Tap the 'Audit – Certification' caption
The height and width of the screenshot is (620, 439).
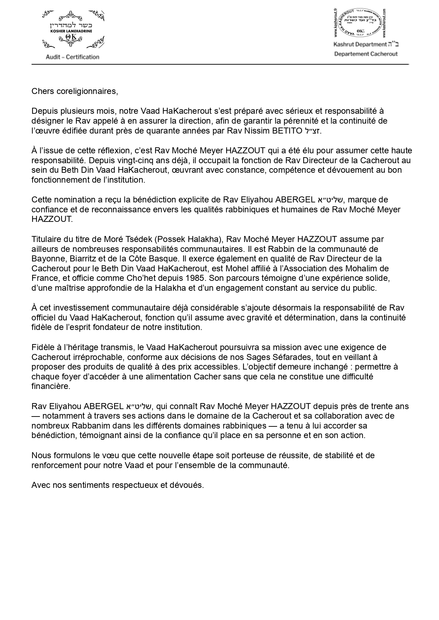point(72,57)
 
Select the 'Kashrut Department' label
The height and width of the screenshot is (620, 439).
point(360,45)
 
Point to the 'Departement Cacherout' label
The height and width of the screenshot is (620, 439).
point(366,54)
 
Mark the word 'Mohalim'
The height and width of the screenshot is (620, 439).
point(356,268)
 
